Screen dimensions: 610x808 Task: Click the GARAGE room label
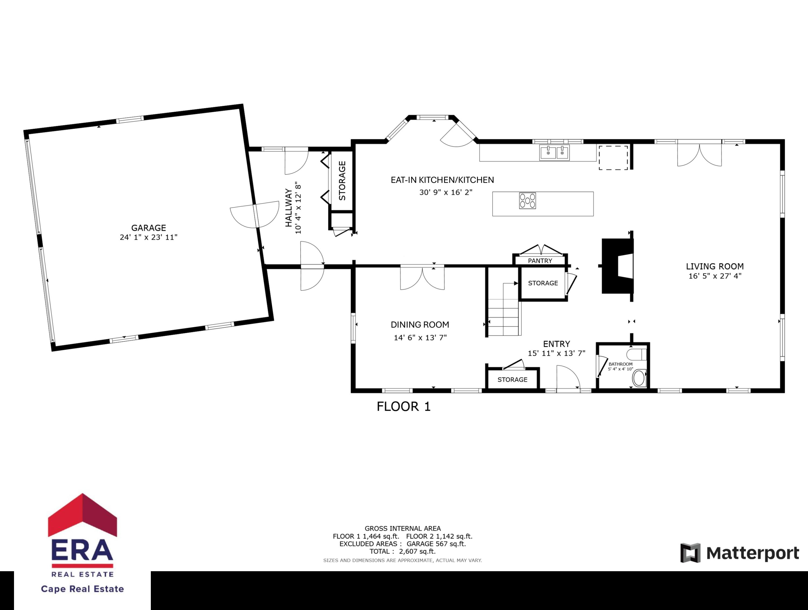(x=148, y=228)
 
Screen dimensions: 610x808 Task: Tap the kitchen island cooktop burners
(x=527, y=201)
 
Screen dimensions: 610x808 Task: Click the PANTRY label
(x=540, y=261)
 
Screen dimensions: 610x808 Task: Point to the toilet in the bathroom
(x=636, y=354)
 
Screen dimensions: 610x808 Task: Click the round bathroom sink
(x=639, y=378)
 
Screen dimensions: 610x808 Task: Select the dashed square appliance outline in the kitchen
(x=613, y=158)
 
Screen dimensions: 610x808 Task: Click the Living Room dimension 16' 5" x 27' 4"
(x=715, y=276)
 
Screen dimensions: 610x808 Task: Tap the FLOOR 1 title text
(x=404, y=406)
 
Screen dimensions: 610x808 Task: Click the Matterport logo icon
(x=690, y=553)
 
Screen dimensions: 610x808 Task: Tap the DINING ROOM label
(x=420, y=325)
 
